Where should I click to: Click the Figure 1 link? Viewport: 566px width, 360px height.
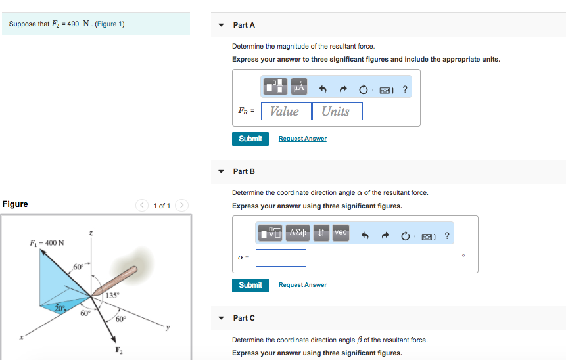110,24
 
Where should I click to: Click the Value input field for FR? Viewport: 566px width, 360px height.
286,111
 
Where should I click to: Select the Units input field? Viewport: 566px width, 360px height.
337,111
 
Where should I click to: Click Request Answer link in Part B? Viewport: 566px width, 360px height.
302,285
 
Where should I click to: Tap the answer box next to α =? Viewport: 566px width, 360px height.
281,258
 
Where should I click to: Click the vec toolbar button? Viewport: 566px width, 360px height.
341,233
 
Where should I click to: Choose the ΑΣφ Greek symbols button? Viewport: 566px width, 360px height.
297,233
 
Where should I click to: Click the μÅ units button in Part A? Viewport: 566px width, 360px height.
299,87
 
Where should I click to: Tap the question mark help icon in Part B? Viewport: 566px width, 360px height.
447,236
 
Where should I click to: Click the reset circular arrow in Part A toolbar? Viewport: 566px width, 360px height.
363,89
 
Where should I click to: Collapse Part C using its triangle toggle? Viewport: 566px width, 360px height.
221,318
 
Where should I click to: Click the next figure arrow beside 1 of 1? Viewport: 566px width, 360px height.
181,205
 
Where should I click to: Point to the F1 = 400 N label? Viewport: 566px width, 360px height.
47,243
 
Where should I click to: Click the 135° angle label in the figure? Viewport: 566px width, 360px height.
112,296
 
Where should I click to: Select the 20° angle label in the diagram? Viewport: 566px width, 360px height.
60,308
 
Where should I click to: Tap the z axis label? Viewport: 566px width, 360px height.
91,233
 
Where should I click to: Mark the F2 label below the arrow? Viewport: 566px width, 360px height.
119,350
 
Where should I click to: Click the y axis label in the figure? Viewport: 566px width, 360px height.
168,328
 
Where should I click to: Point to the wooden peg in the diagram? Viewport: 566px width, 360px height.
114,281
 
